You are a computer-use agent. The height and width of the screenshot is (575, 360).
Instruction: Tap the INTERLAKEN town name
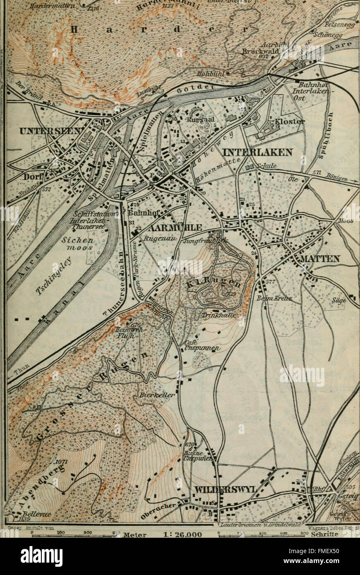(257, 152)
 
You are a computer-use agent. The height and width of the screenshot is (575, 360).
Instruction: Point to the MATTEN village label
(317, 259)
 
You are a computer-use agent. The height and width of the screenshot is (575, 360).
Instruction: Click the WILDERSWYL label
(226, 489)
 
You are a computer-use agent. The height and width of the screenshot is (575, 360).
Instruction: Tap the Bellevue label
(31, 513)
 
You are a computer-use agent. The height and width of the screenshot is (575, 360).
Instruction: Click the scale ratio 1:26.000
(182, 534)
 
